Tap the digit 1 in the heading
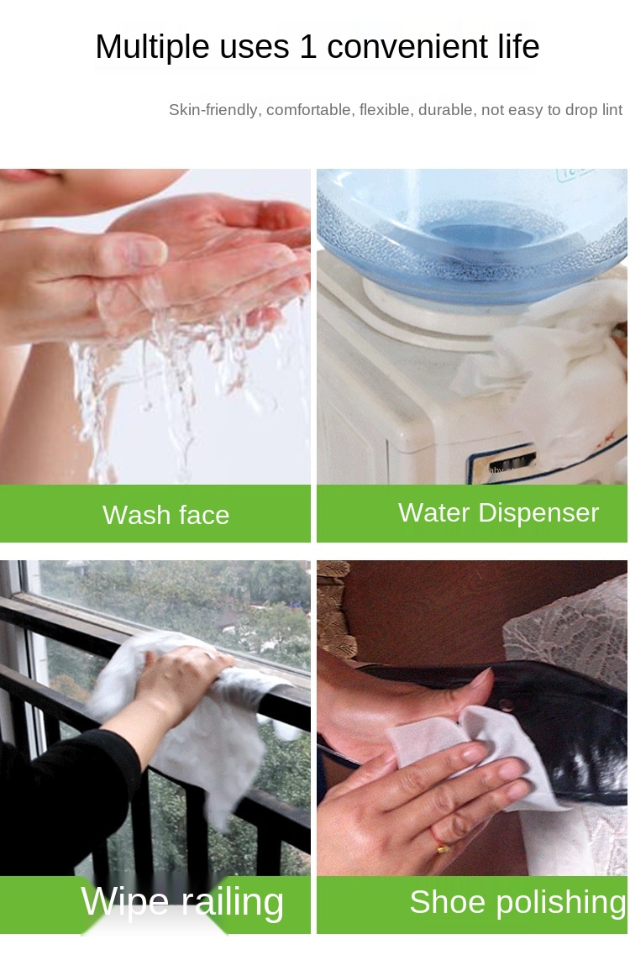[307, 47]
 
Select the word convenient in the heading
[407, 47]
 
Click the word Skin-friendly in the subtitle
[213, 110]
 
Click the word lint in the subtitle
[612, 110]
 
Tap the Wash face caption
[165, 515]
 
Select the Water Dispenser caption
[498, 513]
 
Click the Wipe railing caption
[182, 902]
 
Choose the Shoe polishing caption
[518, 903]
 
